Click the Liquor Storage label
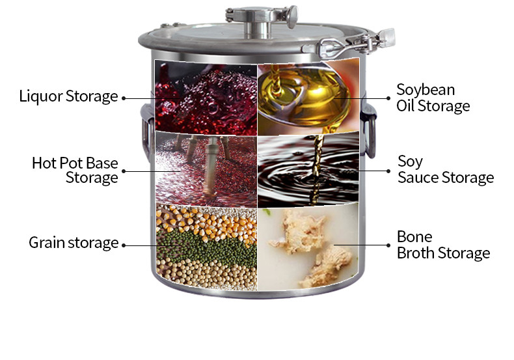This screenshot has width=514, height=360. click(x=68, y=96)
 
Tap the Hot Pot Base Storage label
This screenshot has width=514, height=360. click(x=75, y=170)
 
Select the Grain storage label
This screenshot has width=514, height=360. click(x=74, y=243)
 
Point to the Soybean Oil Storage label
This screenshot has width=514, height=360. click(x=433, y=98)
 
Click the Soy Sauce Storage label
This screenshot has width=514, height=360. click(x=446, y=169)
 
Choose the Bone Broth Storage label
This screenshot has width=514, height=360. click(x=443, y=245)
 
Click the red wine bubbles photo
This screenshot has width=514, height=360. click(x=206, y=98)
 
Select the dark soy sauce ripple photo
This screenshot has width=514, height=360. click(x=308, y=170)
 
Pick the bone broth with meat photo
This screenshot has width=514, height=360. click(x=308, y=247)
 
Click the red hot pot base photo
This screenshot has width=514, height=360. click(x=206, y=169)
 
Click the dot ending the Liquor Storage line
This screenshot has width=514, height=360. click(x=124, y=98)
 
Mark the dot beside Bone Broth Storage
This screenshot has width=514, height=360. click(x=388, y=245)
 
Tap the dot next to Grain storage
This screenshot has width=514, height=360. click(x=124, y=245)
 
